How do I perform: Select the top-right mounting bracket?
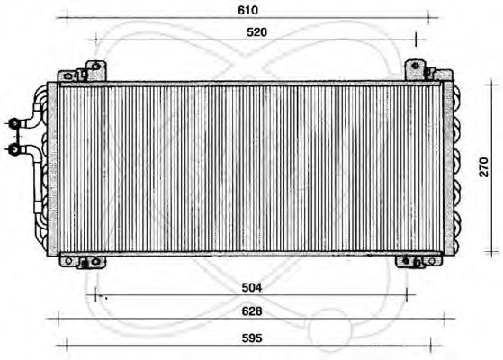[416, 69]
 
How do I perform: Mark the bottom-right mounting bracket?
[412, 262]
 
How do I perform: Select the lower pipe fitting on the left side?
[15, 146]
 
